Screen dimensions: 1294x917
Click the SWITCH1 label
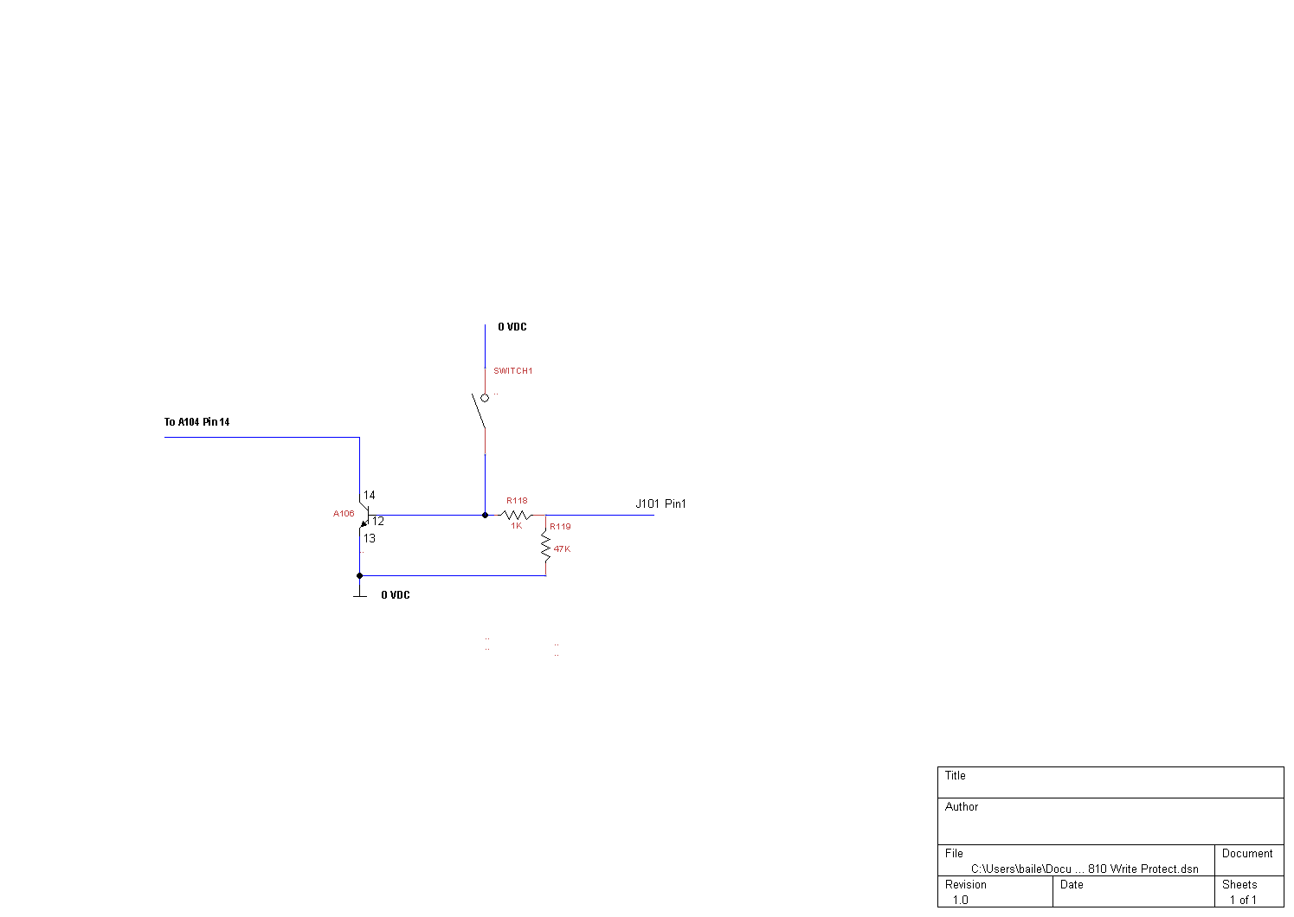point(513,371)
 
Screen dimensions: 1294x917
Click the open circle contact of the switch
point(485,398)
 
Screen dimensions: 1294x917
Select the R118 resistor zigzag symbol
point(516,515)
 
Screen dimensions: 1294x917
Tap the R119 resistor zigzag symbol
point(545,546)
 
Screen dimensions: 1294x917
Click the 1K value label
point(517,525)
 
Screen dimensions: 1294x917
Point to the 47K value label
point(562,548)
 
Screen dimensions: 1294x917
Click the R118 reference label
point(517,501)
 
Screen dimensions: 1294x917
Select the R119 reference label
point(560,527)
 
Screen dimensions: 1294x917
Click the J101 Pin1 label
point(661,503)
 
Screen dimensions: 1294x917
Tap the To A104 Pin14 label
point(197,422)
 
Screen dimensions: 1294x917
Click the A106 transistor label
point(344,513)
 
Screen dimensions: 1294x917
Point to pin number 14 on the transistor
point(369,495)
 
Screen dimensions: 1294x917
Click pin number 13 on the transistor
point(369,538)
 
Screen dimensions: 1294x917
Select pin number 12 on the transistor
point(377,521)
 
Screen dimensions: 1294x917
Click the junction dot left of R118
point(486,515)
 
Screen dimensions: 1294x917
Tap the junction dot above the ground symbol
point(359,576)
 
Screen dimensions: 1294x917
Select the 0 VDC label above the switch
point(512,327)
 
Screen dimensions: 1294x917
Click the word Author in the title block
point(962,807)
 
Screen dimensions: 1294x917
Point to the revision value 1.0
point(960,900)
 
